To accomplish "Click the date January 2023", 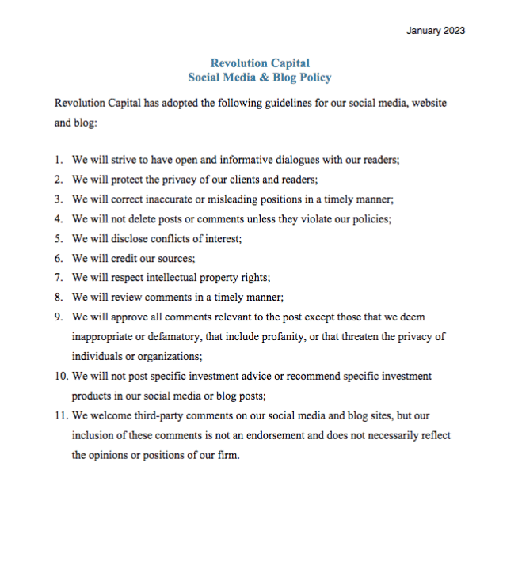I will click(435, 31).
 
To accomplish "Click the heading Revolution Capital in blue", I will click(260, 63).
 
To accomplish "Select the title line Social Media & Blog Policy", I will click(260, 78).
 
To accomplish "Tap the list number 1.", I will click(59, 160).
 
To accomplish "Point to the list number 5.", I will click(59, 239).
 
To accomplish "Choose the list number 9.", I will click(59, 317).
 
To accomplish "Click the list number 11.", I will click(61, 415).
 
